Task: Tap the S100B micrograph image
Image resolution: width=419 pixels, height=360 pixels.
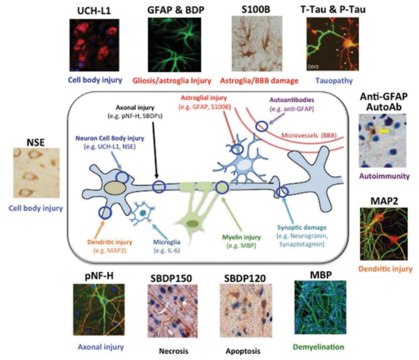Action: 252,43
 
